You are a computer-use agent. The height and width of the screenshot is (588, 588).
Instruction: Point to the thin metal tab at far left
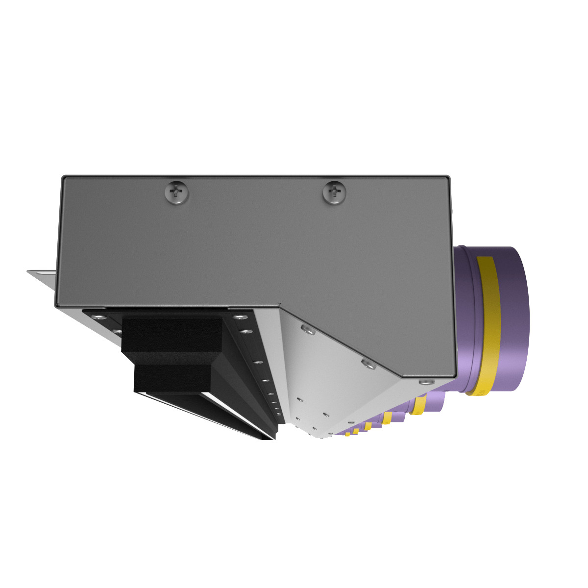(x=41, y=273)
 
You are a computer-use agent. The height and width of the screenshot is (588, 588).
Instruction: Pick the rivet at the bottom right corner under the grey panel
(x=424, y=382)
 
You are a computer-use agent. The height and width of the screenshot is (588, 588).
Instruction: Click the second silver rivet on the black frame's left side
(x=118, y=332)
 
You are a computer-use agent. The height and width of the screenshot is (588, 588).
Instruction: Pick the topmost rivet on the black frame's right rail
(x=241, y=317)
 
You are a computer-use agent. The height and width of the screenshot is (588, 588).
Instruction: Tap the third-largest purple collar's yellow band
(x=387, y=417)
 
